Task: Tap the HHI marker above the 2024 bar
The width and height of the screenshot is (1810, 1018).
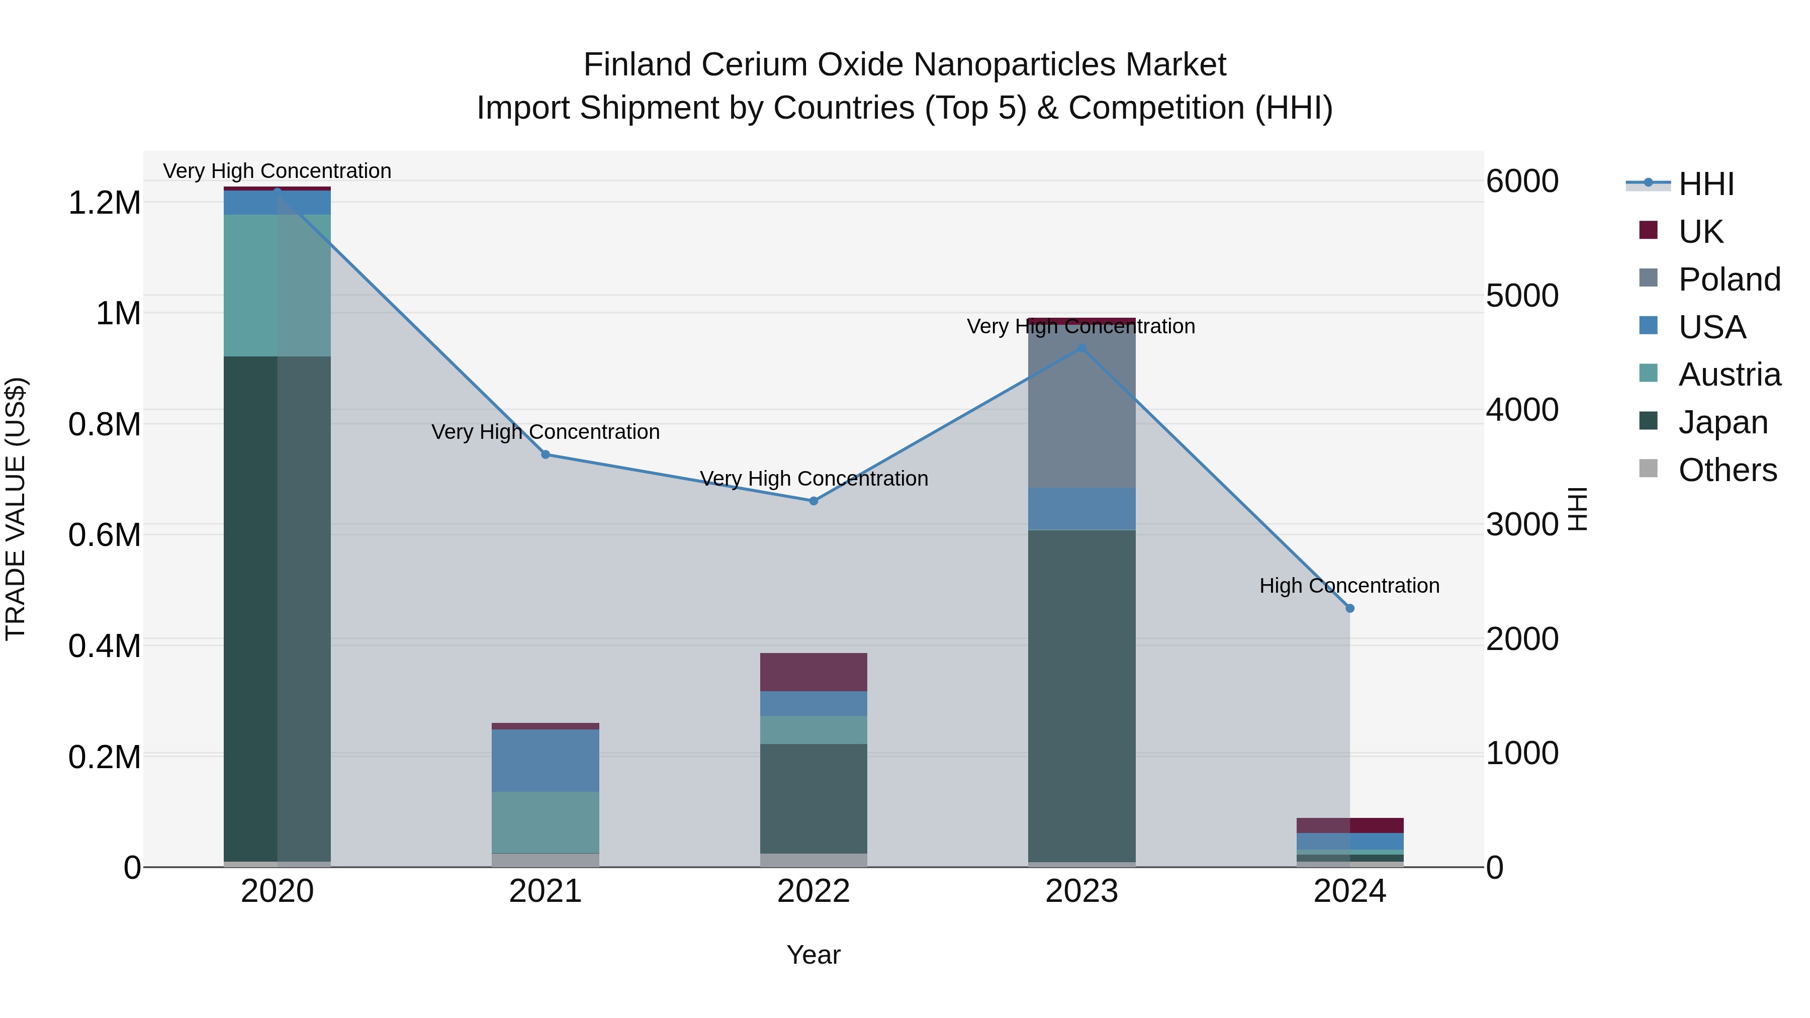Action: tap(1350, 608)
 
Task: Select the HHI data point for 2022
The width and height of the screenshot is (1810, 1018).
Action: tap(813, 501)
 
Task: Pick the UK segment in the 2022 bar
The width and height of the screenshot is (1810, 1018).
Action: tap(813, 672)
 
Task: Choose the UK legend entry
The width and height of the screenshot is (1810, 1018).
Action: tap(1700, 232)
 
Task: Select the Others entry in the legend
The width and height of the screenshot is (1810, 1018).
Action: tap(1727, 470)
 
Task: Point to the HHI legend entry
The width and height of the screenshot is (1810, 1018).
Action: tap(1706, 184)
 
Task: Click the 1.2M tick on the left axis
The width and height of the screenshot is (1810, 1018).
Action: tap(104, 203)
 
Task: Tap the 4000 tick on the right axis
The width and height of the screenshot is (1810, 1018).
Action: tap(1522, 410)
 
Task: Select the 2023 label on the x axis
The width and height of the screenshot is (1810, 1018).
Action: tap(1081, 891)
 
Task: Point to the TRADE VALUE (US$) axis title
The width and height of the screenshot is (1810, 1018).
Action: tap(16, 509)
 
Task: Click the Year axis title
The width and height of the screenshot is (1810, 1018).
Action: tap(813, 955)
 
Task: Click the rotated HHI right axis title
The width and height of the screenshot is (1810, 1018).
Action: tap(1577, 509)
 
